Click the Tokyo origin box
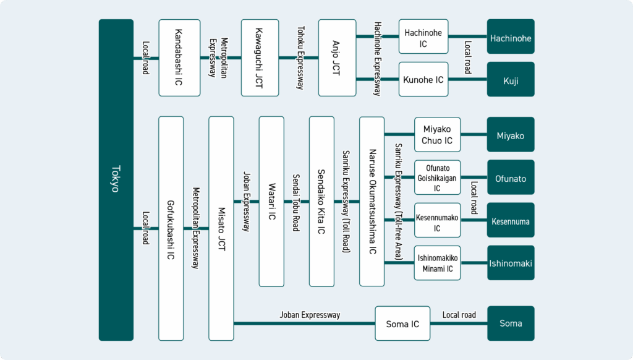[x=116, y=180]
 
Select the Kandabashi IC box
[x=179, y=58]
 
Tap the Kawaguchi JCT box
[x=260, y=58]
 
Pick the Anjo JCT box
[x=337, y=58]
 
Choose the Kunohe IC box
[x=423, y=79]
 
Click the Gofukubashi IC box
[x=171, y=229]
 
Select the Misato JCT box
[x=221, y=229]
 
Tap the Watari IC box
[x=271, y=202]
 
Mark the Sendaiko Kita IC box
[x=321, y=202]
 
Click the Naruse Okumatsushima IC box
[x=372, y=202]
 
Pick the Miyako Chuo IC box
[x=438, y=135]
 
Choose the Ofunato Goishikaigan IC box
[x=438, y=178]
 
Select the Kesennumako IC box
[x=438, y=220]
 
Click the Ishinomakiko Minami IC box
[x=438, y=263]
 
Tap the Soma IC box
[x=402, y=324]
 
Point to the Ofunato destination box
[x=511, y=178]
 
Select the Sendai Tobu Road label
[x=296, y=203]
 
